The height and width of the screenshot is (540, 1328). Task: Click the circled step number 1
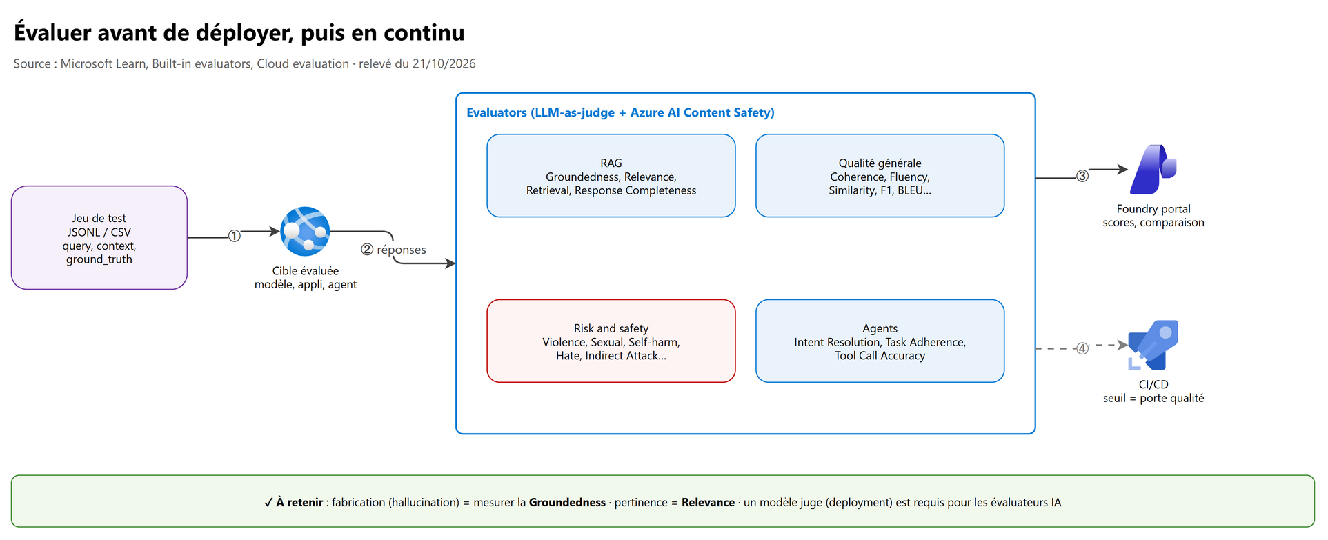click(235, 237)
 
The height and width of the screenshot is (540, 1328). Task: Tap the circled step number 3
click(1082, 177)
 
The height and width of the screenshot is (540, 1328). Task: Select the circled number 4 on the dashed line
click(1082, 349)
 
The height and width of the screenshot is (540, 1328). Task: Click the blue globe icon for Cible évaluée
click(305, 232)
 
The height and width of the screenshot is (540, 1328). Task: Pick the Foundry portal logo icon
click(1153, 170)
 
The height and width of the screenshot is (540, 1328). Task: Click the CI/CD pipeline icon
click(1153, 345)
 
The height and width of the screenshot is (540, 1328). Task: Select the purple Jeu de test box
click(99, 238)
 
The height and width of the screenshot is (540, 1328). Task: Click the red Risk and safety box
click(611, 341)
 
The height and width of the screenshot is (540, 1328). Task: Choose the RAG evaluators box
click(611, 176)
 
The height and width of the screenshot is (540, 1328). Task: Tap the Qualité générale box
click(880, 176)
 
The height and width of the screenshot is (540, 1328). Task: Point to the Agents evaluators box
click(880, 341)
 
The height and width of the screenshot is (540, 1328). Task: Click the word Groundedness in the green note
click(567, 503)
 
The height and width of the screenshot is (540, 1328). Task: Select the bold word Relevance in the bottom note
click(708, 503)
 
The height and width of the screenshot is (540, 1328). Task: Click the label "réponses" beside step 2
click(402, 250)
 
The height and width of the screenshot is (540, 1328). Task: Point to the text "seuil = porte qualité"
click(1153, 398)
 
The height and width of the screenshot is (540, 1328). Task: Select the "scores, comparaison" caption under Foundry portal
click(1153, 223)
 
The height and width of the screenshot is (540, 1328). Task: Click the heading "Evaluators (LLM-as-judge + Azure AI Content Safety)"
click(620, 112)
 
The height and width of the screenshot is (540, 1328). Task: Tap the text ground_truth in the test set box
click(99, 259)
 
